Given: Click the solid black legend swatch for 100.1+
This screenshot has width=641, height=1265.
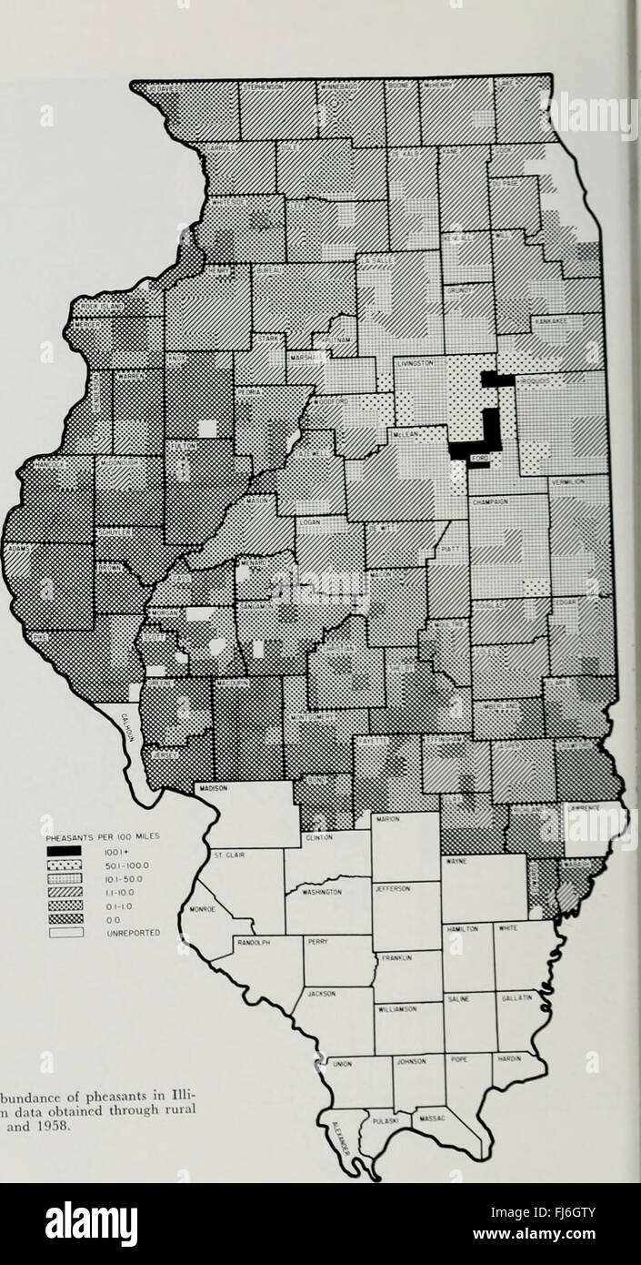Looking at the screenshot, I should click(65, 851).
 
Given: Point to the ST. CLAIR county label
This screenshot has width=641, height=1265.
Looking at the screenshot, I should click(228, 855).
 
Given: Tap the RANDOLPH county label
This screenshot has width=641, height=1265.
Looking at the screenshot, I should click(249, 943).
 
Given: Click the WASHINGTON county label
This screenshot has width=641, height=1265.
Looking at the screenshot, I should click(313, 893).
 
